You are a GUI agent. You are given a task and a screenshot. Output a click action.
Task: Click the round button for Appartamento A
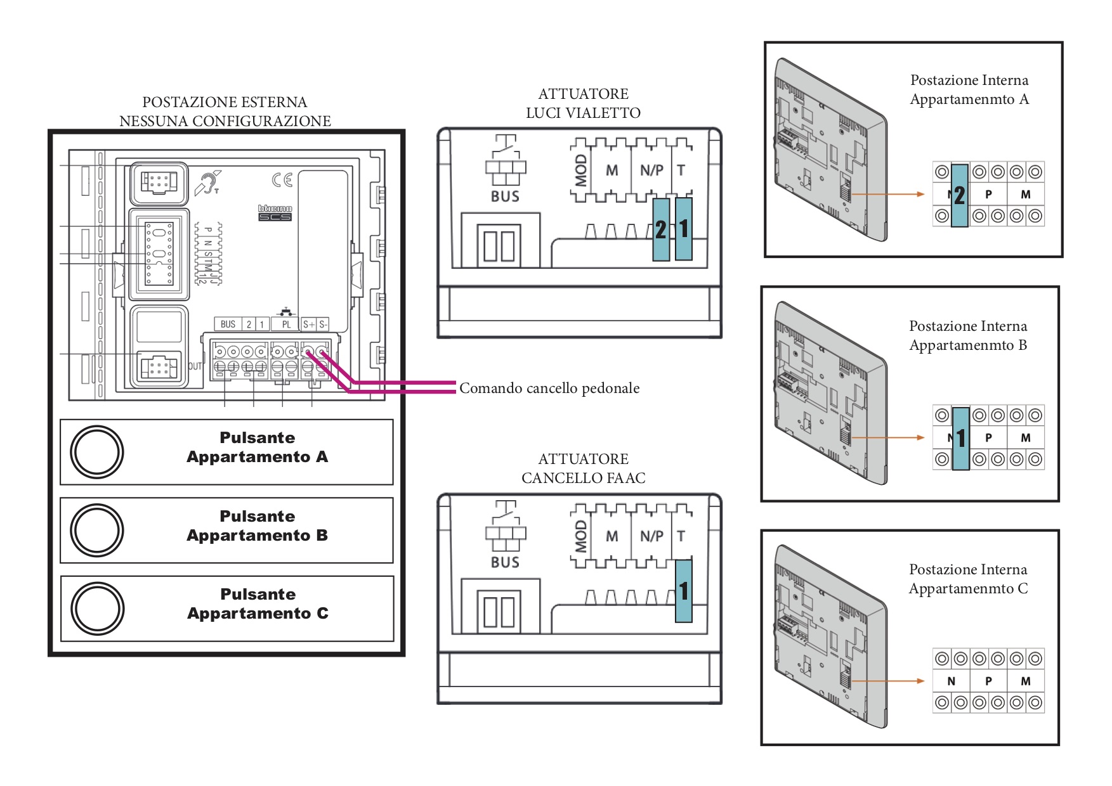[97, 452]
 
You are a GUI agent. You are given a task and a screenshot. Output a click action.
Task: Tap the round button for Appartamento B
[97, 530]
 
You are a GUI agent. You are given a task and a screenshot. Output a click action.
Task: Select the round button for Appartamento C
[97, 609]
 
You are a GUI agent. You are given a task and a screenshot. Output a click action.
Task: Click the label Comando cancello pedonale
[549, 388]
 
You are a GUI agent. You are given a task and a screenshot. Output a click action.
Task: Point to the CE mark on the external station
[282, 180]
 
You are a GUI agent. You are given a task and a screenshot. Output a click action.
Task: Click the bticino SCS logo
[275, 212]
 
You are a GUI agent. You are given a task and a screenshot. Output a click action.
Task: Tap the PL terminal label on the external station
[286, 325]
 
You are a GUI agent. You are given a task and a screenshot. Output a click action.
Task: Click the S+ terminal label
[308, 325]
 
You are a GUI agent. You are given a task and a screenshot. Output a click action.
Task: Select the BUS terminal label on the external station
[228, 325]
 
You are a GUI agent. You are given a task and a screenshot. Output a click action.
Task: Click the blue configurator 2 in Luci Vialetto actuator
[661, 229]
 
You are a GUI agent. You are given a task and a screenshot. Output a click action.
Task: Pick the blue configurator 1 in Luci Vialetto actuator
[683, 229]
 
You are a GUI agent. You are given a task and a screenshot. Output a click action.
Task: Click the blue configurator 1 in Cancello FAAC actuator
[683, 591]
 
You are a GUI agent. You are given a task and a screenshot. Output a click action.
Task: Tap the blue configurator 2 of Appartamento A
[959, 195]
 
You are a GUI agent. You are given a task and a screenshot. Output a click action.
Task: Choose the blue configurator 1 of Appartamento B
[961, 438]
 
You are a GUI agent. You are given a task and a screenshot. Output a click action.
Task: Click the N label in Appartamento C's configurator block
[951, 681]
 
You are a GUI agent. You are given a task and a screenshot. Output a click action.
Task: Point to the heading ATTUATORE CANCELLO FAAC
[583, 468]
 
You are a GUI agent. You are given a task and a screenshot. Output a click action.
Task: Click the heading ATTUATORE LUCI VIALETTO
[583, 103]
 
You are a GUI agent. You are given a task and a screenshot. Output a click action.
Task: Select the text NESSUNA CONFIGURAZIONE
[225, 121]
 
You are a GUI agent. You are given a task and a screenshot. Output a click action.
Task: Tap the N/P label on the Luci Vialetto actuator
[651, 171]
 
